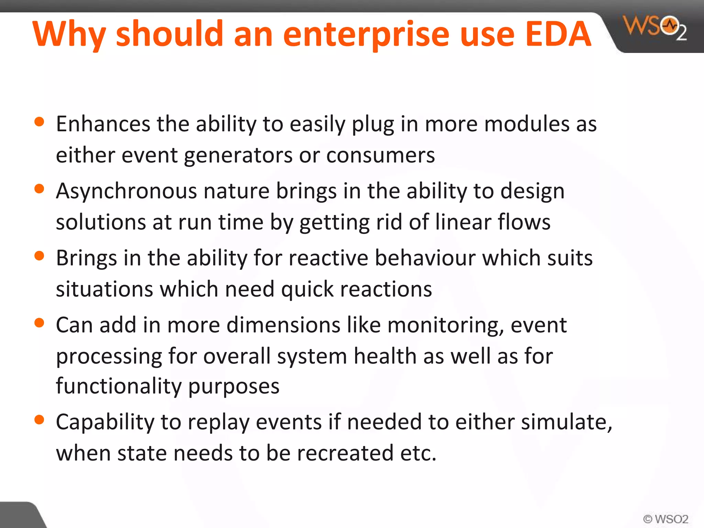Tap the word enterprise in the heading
366,34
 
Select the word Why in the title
69,34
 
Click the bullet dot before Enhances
40,122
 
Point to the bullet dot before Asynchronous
40,189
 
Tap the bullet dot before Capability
40,420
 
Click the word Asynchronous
126,191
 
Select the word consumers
380,155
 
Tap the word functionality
119,386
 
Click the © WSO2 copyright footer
665,519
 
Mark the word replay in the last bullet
218,423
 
